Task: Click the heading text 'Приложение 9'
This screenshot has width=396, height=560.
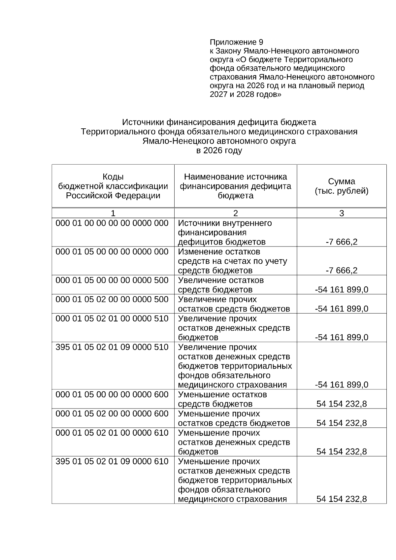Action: [x=236, y=42]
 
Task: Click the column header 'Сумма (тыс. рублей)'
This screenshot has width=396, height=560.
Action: [x=342, y=186]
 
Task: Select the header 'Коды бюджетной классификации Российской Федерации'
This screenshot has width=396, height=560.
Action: [x=113, y=186]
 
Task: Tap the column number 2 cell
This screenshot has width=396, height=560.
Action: [x=235, y=213]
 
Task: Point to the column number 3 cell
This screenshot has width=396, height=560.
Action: [x=342, y=213]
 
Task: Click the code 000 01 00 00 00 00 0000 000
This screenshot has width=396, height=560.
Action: [x=112, y=223]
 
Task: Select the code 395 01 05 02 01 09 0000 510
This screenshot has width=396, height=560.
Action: [x=112, y=347]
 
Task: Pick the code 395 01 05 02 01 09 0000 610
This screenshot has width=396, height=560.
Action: [x=112, y=461]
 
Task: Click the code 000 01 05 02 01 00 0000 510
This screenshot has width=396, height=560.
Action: [x=112, y=319]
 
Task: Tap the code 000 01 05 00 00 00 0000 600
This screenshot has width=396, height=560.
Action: [x=112, y=395]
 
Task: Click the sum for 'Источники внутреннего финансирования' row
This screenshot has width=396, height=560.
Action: [x=342, y=242]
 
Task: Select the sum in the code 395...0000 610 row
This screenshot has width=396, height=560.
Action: [x=342, y=499]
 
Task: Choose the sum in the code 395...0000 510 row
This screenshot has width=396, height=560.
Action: [x=342, y=385]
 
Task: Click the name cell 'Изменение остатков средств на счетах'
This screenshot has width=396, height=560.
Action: [x=232, y=261]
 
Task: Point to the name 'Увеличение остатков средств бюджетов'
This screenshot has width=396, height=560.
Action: [x=221, y=285]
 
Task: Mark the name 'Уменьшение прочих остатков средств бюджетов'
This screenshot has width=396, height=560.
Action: [x=234, y=418]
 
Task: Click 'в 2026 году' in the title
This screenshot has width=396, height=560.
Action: [x=219, y=150]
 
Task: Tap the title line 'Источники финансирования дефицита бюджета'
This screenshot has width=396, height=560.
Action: [x=219, y=122]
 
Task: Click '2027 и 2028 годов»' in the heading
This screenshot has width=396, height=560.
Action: [x=246, y=94]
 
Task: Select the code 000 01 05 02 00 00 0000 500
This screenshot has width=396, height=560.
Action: [x=112, y=300]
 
